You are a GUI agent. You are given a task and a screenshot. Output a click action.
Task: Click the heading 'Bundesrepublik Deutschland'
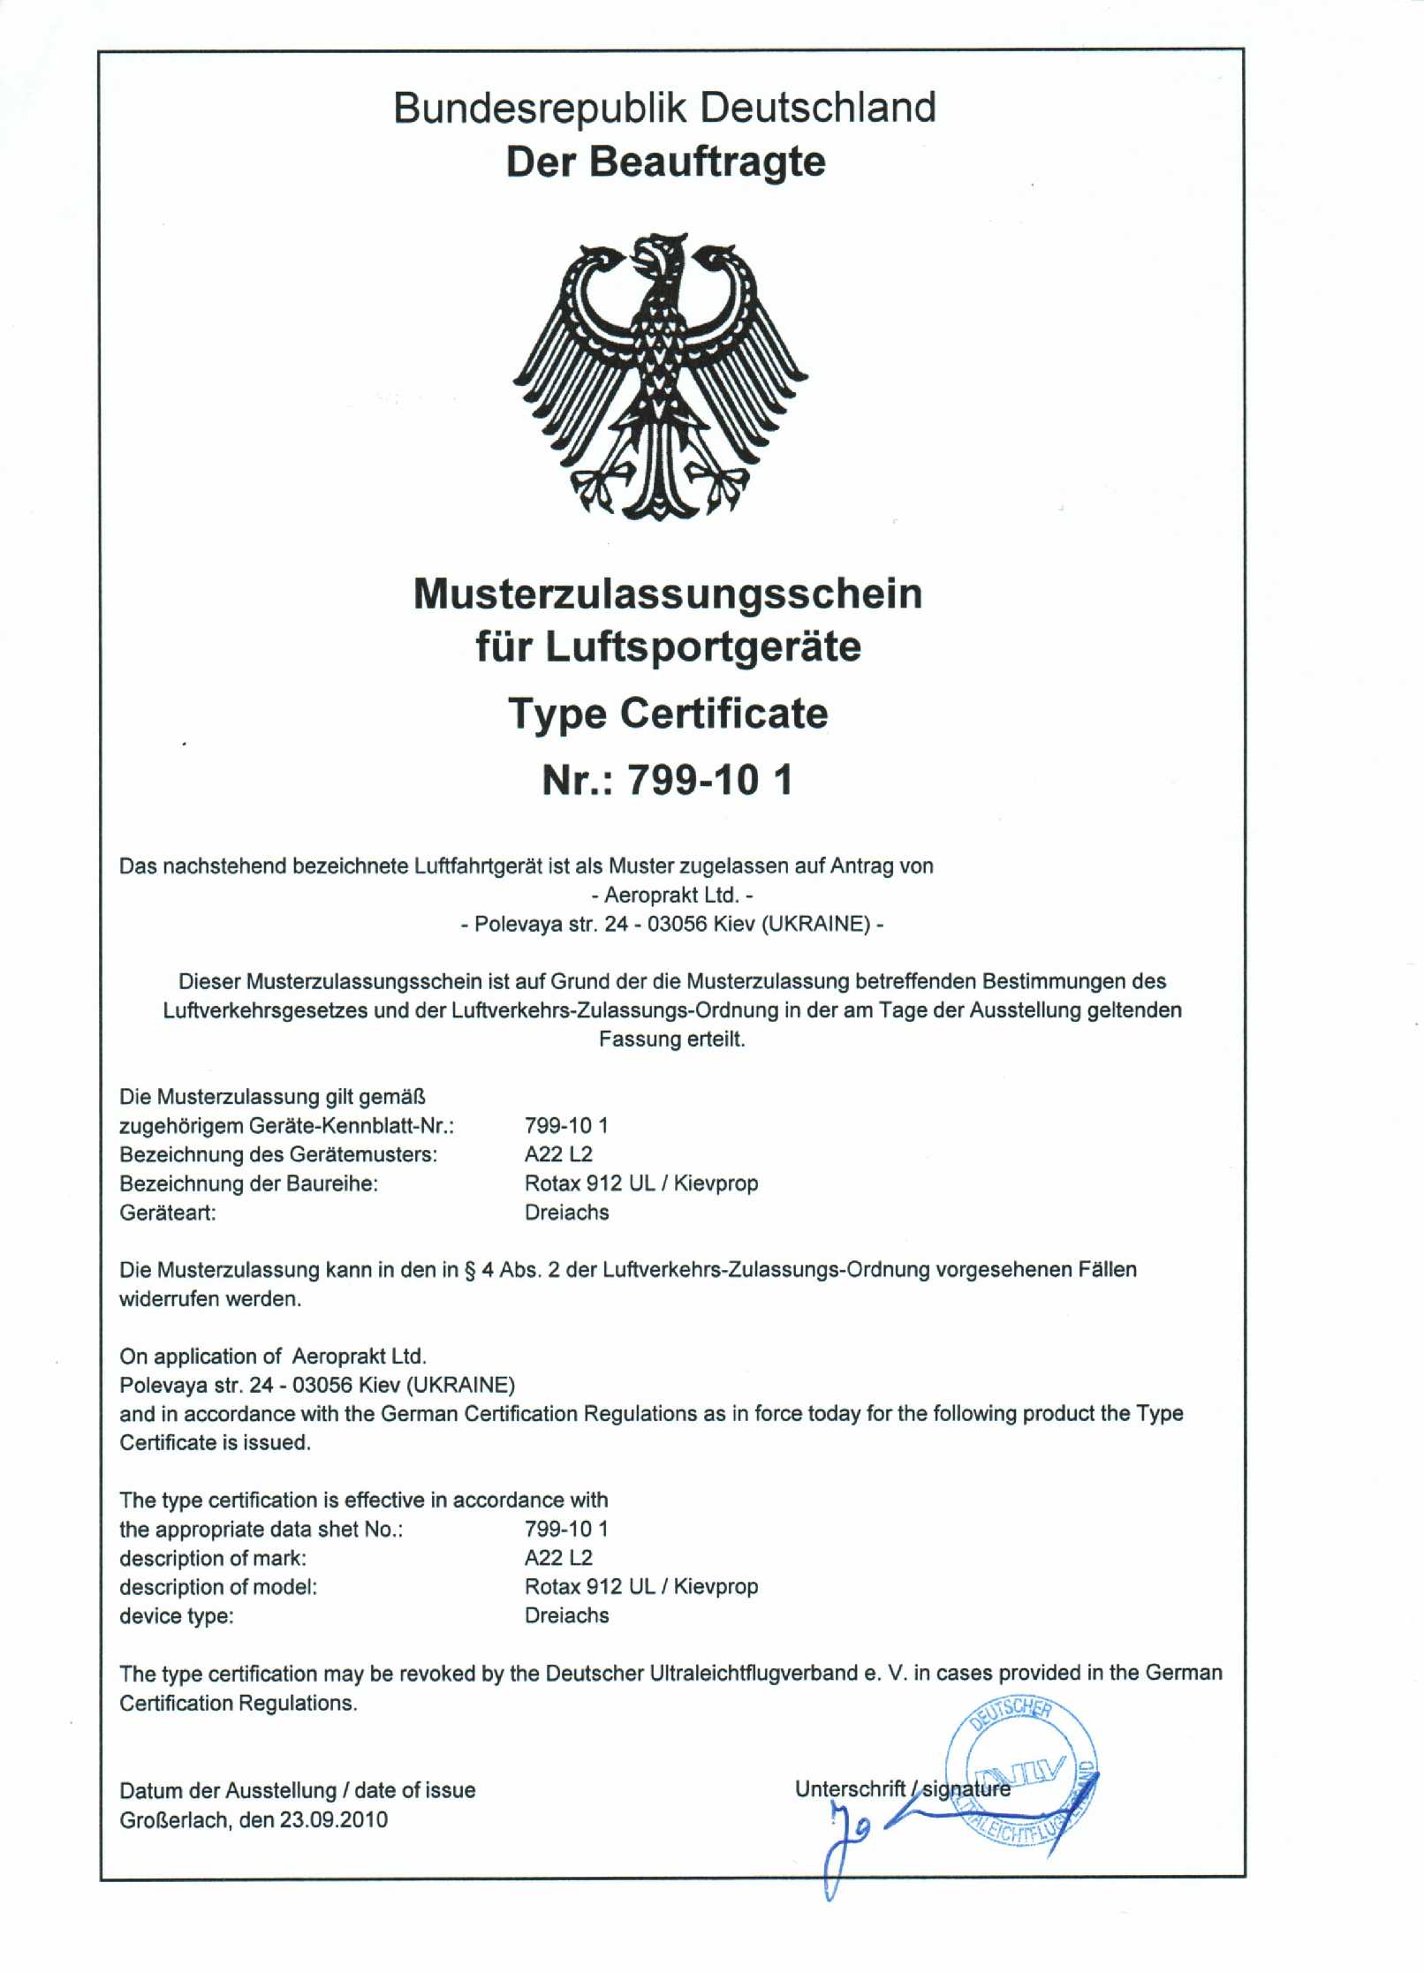point(664,108)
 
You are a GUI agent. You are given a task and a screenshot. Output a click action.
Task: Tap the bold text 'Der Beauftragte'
point(665,162)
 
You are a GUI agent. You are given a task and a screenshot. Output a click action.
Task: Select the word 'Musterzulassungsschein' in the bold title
point(668,593)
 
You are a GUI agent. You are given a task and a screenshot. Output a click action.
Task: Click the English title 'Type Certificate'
point(668,713)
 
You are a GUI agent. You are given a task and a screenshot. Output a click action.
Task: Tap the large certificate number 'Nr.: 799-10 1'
point(668,780)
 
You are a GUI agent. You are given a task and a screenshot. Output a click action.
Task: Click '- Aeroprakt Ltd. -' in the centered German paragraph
point(671,895)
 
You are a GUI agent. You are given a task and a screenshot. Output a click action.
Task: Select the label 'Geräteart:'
point(168,1213)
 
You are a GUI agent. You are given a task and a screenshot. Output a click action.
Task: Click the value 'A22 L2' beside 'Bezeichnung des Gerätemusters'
point(558,1154)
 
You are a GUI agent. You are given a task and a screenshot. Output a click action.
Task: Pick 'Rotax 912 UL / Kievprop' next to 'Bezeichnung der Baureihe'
point(641,1183)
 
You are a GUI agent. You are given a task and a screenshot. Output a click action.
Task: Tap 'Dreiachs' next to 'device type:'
point(567,1615)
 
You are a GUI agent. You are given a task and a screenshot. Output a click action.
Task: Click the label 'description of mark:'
point(213,1558)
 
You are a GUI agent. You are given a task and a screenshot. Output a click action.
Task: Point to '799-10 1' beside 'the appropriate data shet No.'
point(566,1529)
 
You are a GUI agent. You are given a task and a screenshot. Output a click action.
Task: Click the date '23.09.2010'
point(334,1819)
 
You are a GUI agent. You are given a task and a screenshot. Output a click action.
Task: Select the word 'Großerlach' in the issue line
point(175,1819)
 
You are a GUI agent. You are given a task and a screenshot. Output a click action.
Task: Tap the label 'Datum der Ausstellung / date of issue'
point(298,1790)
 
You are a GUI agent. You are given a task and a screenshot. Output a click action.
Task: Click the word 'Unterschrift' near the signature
point(850,1789)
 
